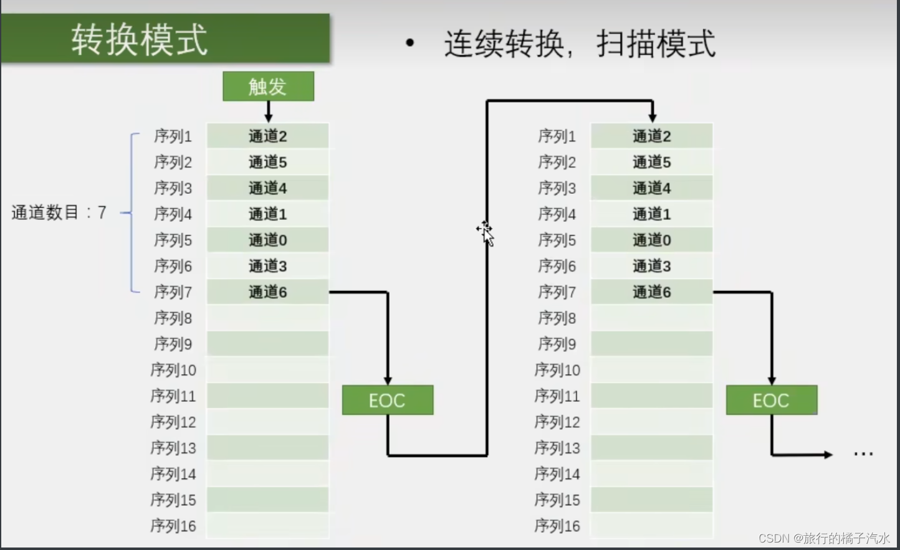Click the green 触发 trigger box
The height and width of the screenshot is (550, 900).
pos(268,86)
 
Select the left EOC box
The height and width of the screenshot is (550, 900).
pos(387,400)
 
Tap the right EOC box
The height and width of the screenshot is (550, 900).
pos(771,400)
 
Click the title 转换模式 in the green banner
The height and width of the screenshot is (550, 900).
pos(139,40)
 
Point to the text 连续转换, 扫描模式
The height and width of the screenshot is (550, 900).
pos(580,44)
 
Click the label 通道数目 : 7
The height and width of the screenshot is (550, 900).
pos(59,213)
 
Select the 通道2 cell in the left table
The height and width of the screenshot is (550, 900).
pos(267,136)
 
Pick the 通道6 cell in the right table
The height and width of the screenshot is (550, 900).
pos(651,292)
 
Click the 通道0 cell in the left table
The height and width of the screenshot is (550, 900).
pos(267,240)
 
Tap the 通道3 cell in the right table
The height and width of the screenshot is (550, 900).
pos(651,266)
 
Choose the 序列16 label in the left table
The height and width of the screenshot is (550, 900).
pos(173,526)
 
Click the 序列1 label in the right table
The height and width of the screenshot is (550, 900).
pos(557,136)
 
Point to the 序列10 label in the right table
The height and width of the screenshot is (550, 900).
pos(557,370)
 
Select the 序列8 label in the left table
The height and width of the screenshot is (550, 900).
pos(173,318)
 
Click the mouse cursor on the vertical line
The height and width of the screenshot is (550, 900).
pos(486,232)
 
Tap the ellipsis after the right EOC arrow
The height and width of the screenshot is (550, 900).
pos(863,454)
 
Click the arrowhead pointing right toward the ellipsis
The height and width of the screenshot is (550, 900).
pos(828,455)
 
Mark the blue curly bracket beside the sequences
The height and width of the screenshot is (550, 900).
pos(132,213)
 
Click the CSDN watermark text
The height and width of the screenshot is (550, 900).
pos(824,538)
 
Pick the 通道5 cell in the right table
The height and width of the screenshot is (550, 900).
pos(651,162)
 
